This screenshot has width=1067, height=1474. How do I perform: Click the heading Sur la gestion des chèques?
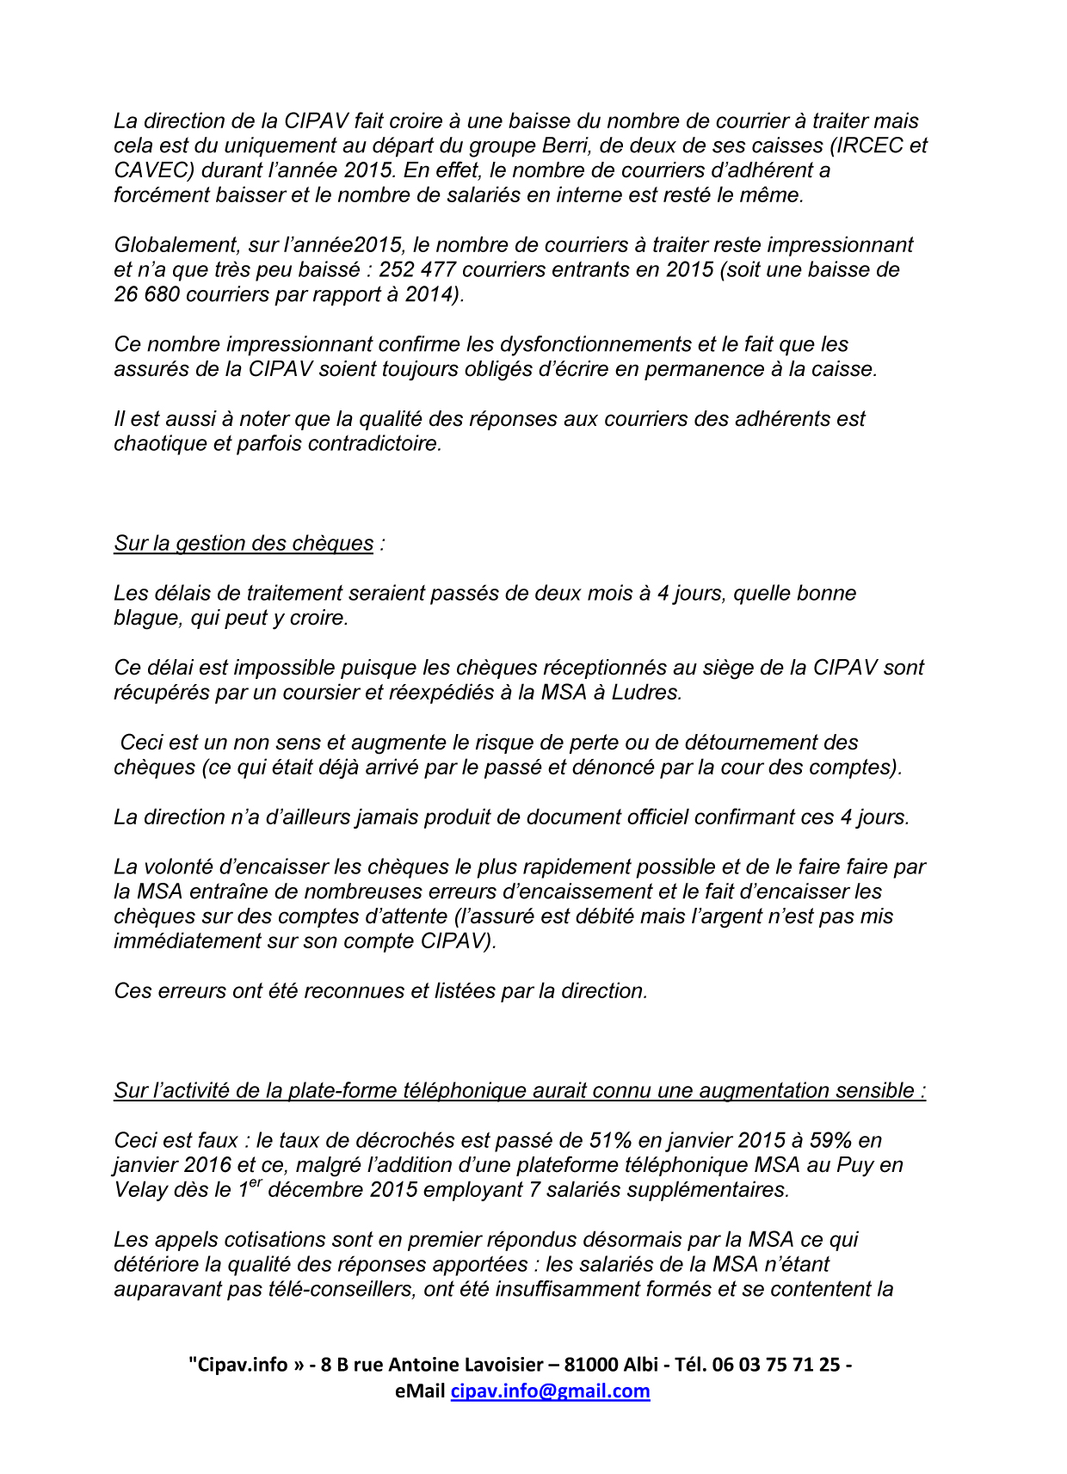click(244, 544)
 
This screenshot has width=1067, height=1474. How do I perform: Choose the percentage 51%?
click(611, 1141)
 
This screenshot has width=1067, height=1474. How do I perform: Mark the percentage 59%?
click(830, 1141)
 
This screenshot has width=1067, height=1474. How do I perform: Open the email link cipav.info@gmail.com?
click(550, 1391)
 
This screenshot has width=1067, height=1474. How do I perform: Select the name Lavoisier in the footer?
click(503, 1365)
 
